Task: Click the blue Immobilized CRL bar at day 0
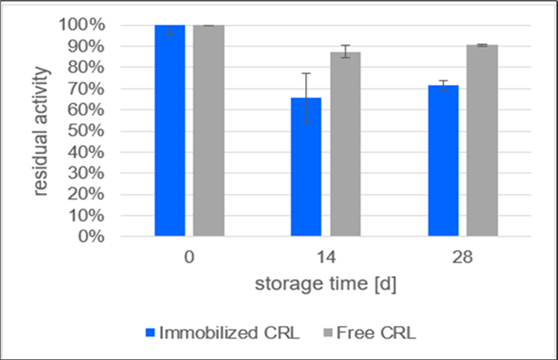coord(170,131)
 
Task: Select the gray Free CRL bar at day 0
coord(209,131)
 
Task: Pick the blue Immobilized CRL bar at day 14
coord(306,166)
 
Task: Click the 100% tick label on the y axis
coord(81,25)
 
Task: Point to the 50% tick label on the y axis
coord(86,131)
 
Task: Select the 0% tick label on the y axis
coord(90,236)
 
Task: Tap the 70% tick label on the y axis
coord(86,88)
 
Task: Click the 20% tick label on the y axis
coord(86,194)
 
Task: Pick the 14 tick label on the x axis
coord(326,258)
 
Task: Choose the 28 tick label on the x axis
coord(462,258)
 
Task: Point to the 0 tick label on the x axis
coord(190,258)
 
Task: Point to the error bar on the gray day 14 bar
coord(345,52)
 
